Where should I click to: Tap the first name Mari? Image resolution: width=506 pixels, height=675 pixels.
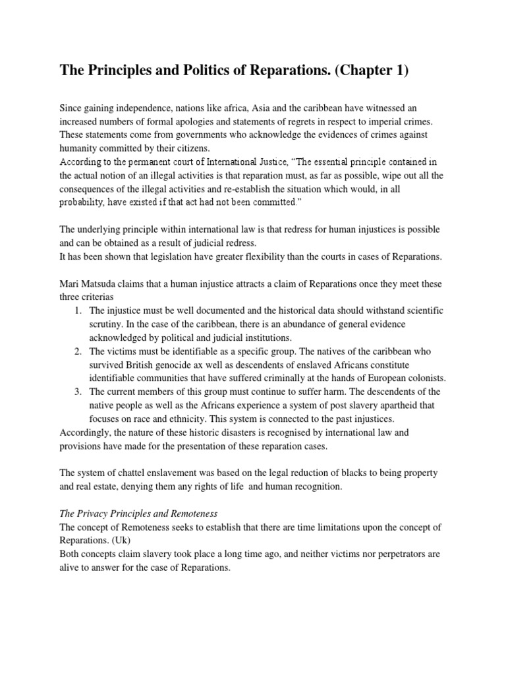[x=70, y=283]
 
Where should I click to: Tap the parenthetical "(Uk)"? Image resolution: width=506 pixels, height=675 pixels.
[x=132, y=541]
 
